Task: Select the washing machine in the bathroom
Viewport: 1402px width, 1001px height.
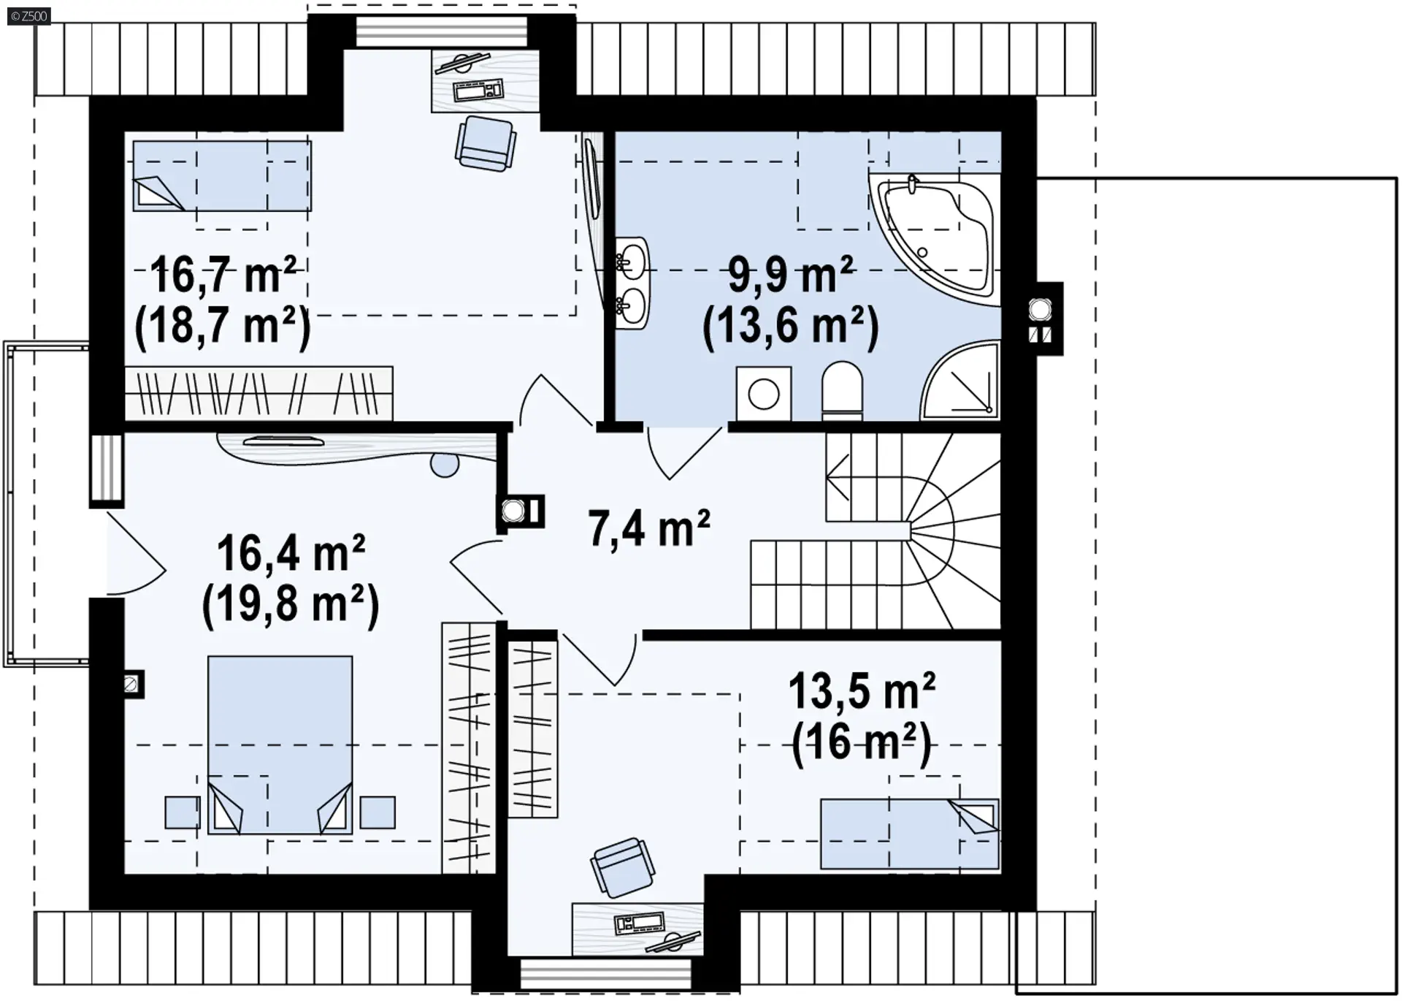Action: pos(764,394)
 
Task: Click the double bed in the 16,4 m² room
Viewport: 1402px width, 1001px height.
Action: pos(280,745)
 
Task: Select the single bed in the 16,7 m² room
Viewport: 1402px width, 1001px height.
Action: pos(222,176)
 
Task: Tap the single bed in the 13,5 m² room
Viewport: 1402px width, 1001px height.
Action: pos(910,834)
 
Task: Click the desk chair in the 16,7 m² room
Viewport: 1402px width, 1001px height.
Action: pos(486,144)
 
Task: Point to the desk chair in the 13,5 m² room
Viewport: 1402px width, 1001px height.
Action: pos(620,867)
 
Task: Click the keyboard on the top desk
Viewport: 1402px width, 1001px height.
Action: pos(479,91)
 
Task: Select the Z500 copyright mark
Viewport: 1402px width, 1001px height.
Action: pos(29,15)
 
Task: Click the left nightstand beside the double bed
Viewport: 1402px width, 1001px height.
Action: pos(183,812)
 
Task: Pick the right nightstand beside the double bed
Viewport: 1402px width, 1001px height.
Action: pos(378,812)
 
